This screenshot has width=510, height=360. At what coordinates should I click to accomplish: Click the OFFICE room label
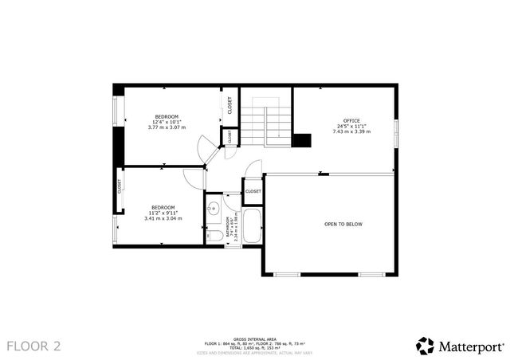click(351, 120)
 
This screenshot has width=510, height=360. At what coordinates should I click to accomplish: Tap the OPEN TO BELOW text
click(343, 225)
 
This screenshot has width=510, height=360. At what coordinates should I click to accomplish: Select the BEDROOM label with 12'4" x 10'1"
click(167, 116)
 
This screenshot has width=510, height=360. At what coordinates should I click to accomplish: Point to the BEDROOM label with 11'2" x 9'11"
click(163, 207)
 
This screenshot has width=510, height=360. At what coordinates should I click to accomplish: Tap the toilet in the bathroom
click(214, 235)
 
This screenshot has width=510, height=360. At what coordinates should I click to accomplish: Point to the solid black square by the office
click(302, 141)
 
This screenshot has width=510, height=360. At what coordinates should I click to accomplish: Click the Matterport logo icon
click(426, 346)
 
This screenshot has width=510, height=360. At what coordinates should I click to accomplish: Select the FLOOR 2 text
click(33, 346)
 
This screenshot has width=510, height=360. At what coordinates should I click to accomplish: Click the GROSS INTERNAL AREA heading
click(255, 338)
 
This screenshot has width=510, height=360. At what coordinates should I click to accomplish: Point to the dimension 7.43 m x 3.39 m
click(351, 131)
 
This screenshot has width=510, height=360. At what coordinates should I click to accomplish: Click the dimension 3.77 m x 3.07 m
click(167, 127)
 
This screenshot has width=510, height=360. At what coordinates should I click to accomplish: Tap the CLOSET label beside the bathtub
click(253, 191)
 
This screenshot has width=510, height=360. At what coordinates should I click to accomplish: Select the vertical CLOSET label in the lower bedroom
click(120, 186)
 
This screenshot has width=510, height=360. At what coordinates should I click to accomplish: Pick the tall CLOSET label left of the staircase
click(230, 105)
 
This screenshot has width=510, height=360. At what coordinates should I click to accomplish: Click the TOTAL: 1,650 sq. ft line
click(255, 348)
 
